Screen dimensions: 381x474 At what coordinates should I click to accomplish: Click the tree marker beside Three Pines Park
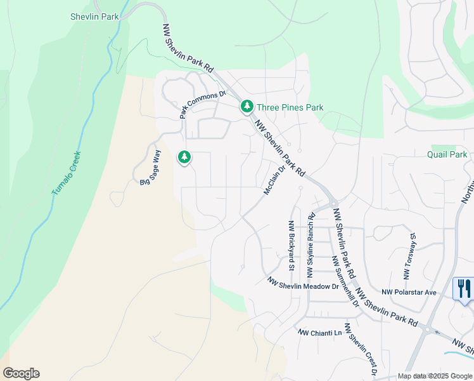[246, 107]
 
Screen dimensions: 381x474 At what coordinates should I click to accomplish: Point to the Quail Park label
[447, 154]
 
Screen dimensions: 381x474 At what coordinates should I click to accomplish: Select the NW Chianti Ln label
[319, 333]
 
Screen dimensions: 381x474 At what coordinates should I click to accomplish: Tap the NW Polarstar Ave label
[409, 292]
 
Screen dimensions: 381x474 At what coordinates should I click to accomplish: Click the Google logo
[21, 373]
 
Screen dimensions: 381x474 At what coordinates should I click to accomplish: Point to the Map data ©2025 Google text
[434, 376]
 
